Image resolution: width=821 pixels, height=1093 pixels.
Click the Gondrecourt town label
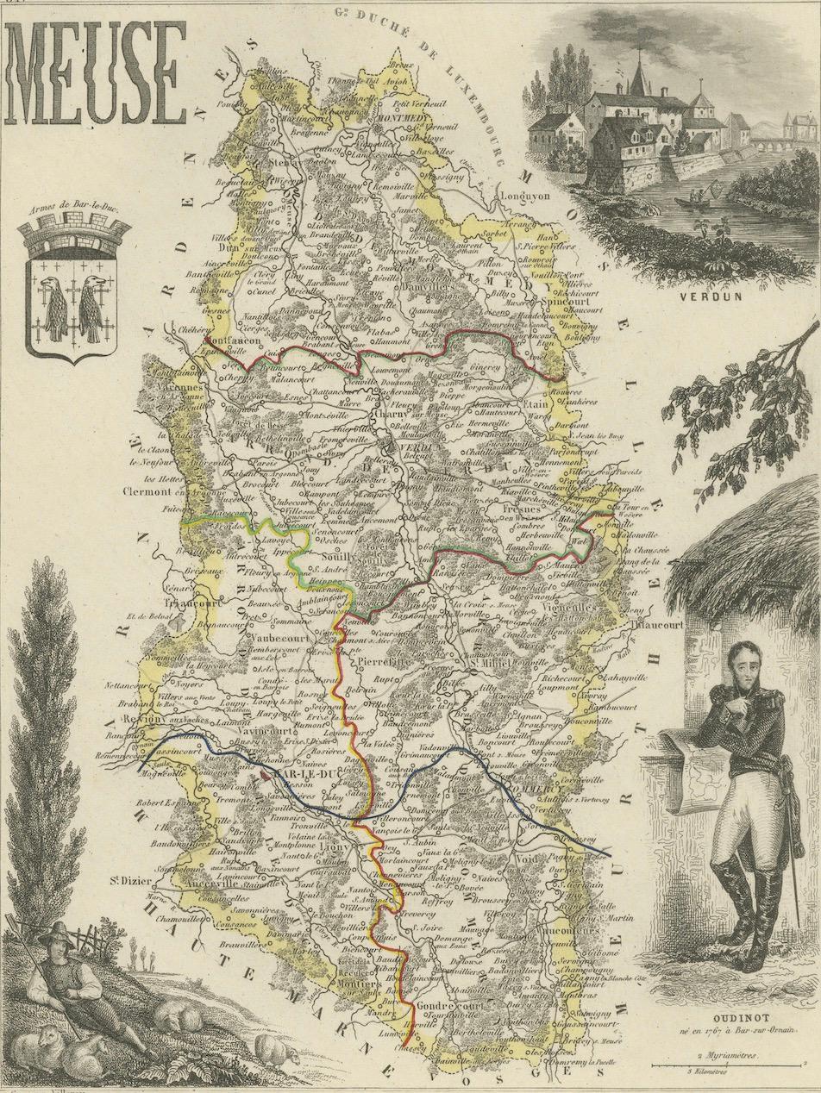pos(428,1006)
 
